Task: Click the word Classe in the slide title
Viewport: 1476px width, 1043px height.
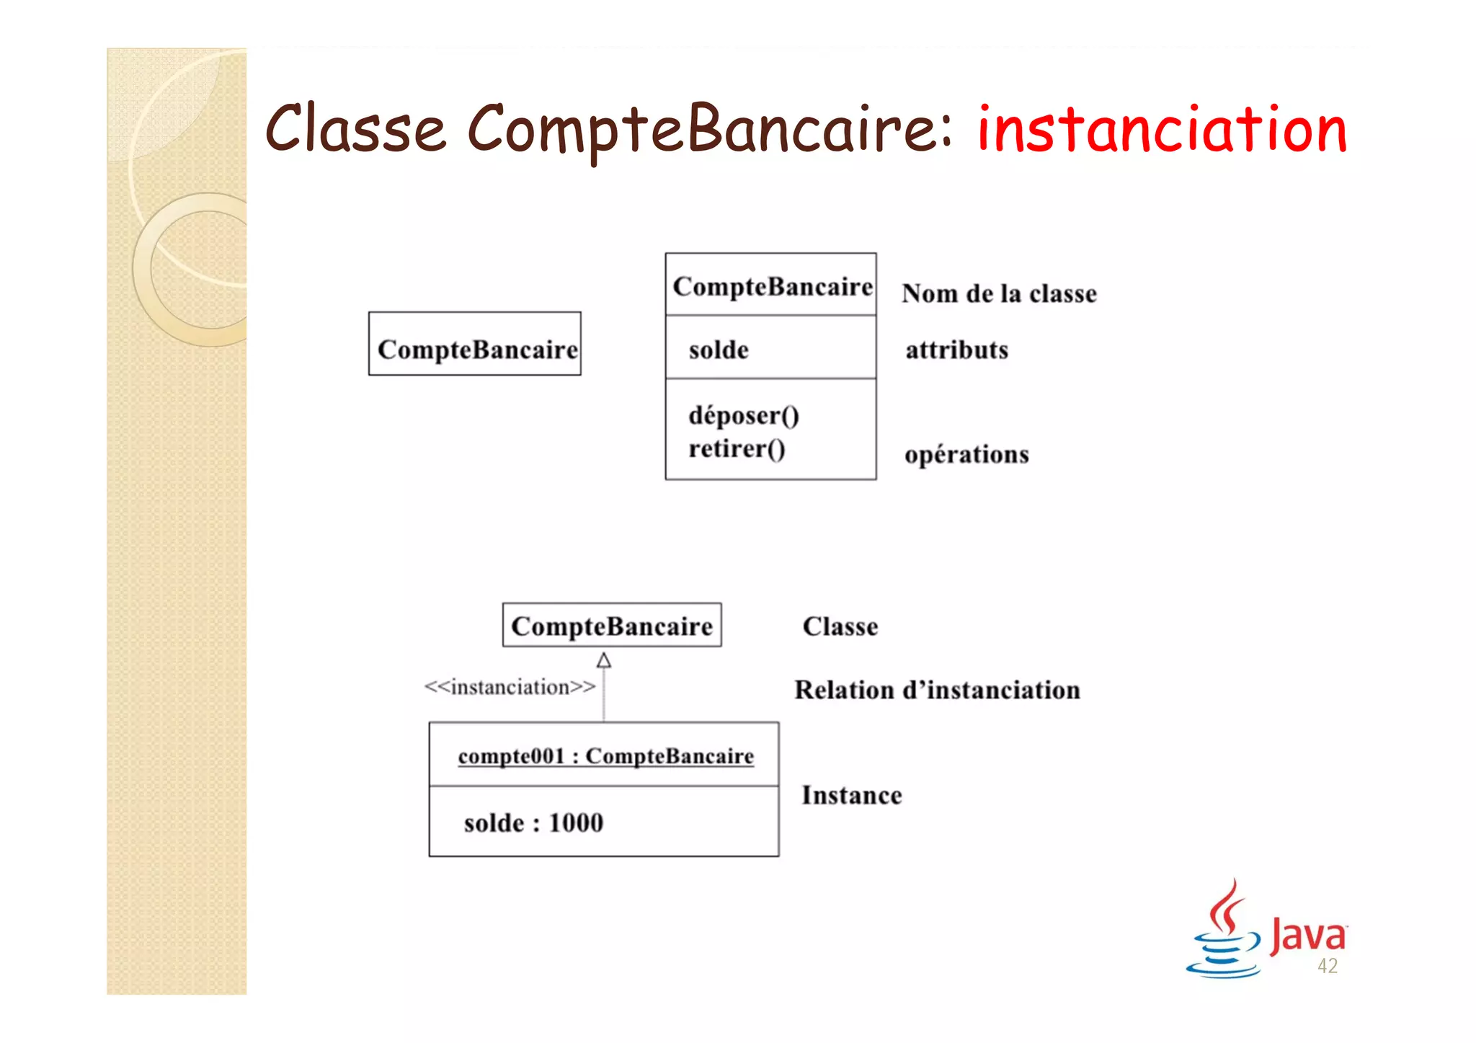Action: (355, 130)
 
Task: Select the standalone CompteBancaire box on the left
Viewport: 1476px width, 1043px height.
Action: (475, 344)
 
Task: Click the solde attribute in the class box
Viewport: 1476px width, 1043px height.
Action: (719, 350)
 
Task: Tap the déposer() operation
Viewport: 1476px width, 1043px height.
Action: (743, 416)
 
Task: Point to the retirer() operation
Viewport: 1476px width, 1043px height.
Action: (736, 449)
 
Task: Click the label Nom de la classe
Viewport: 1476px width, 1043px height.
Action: (999, 294)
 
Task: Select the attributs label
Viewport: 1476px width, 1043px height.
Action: (956, 350)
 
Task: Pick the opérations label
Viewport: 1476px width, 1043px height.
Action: (966, 455)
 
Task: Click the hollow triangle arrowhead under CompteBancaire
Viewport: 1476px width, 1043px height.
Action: (604, 660)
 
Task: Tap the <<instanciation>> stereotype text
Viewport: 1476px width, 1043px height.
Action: (510, 688)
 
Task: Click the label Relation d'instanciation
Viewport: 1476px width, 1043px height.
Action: (937, 691)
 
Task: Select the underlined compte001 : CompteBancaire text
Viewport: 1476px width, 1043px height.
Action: (605, 756)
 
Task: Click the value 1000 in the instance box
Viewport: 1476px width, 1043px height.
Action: (576, 823)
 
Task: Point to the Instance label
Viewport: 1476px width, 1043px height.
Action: (851, 796)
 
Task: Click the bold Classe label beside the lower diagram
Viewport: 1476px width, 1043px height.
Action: (840, 627)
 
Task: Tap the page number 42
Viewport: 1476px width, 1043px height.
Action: (1327, 967)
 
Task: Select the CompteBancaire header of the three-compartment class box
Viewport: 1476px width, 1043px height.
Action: (771, 286)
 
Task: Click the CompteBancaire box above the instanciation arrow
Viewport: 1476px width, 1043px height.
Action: (612, 626)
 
